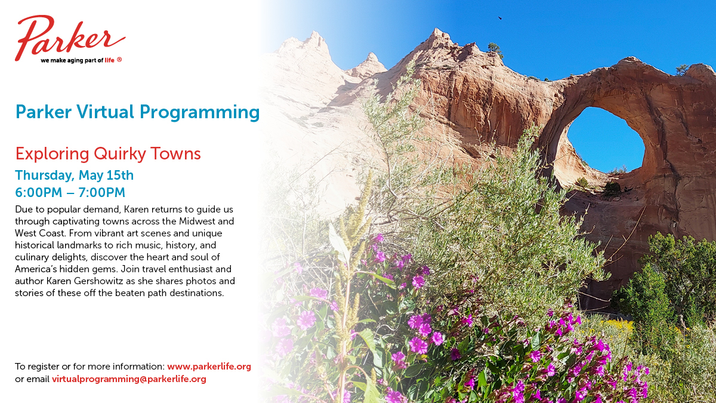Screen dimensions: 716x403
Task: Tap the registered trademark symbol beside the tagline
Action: click(119, 60)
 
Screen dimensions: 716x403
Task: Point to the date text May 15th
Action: click(106, 176)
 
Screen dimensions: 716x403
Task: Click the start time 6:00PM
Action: click(39, 192)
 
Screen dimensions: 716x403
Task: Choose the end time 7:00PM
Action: click(101, 192)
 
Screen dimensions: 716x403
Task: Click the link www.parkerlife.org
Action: click(209, 367)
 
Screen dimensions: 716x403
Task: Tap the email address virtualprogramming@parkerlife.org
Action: click(129, 379)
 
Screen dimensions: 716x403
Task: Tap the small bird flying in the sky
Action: click(500, 19)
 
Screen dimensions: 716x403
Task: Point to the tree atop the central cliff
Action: click(495, 50)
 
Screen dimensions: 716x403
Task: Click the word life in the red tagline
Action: click(109, 60)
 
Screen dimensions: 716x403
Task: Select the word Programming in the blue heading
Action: click(199, 113)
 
